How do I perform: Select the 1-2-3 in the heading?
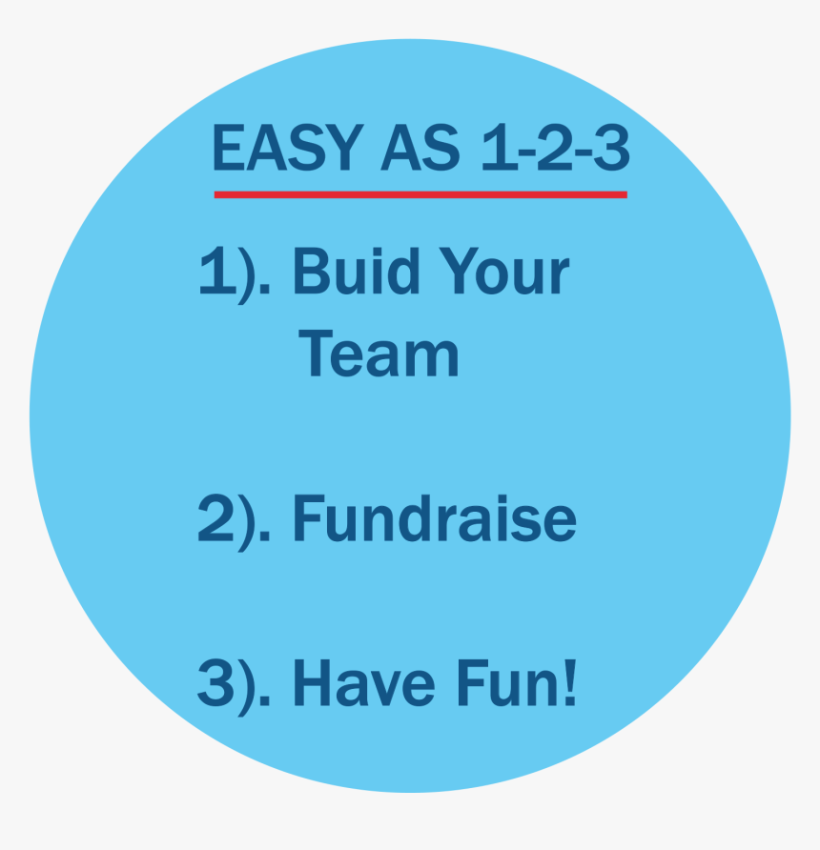[554, 149]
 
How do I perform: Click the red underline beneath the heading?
[420, 194]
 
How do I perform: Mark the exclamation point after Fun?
[569, 682]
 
